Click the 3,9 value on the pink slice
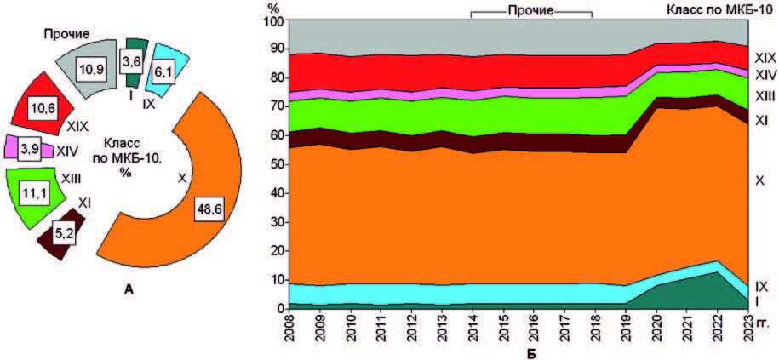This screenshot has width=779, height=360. pyautogui.click(x=29, y=149)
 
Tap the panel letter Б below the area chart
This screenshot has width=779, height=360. pyautogui.click(x=529, y=351)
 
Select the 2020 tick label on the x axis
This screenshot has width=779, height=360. pyautogui.click(x=655, y=326)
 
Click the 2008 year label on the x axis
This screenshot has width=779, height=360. pyautogui.click(x=290, y=326)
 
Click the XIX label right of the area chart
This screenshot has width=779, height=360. pyautogui.click(x=765, y=59)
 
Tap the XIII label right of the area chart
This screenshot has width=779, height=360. pyautogui.click(x=765, y=96)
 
